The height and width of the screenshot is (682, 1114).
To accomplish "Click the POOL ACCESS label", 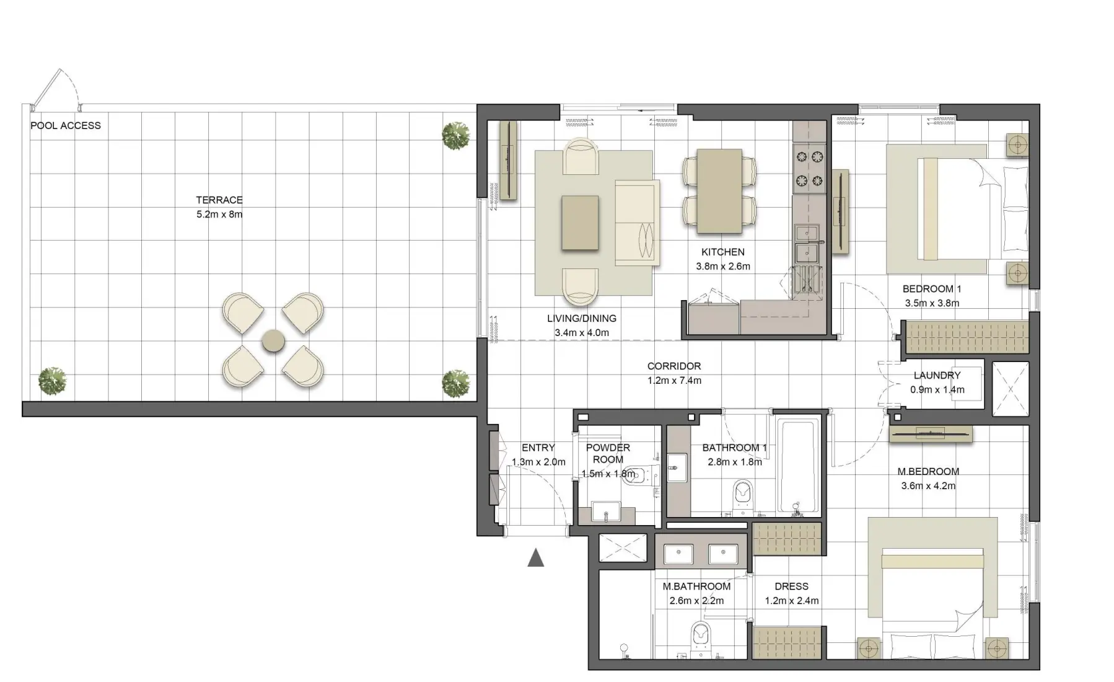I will tap(65, 125).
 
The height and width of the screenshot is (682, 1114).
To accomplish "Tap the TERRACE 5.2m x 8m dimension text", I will tap(219, 215).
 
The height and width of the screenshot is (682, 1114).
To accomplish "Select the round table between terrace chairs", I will tap(273, 341).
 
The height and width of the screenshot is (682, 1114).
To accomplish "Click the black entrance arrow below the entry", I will tap(535, 558).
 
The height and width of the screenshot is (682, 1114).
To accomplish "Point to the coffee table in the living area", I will tap(581, 223).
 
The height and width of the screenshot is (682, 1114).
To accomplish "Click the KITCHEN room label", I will tap(722, 252).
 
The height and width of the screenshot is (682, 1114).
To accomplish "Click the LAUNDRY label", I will tap(937, 375).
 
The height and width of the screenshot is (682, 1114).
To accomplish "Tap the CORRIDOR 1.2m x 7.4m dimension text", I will tap(674, 381).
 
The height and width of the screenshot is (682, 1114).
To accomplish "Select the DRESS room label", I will tap(791, 586).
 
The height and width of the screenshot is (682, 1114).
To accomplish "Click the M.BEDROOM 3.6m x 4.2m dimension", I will tap(928, 486).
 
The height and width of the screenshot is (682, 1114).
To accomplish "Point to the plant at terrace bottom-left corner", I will tap(52, 381).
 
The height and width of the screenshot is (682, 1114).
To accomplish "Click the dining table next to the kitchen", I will tap(719, 191).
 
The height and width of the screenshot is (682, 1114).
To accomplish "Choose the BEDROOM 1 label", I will tap(932, 289).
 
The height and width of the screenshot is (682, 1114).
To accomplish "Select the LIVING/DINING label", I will tap(581, 318).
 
